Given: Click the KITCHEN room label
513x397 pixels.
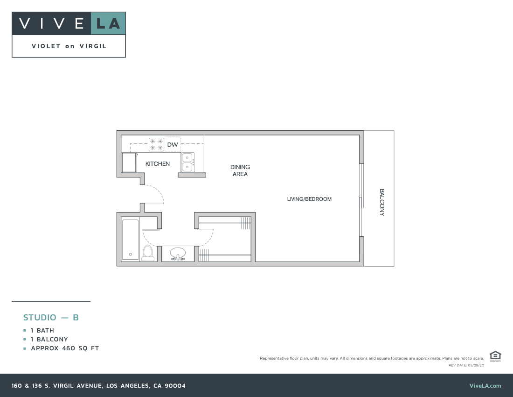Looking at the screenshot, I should click(158, 164).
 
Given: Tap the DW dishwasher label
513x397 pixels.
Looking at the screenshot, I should click(173, 145).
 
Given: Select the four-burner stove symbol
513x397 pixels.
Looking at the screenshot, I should click(156, 144).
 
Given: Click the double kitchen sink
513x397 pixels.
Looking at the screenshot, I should click(187, 162).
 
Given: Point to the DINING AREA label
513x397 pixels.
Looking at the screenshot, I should click(240, 170).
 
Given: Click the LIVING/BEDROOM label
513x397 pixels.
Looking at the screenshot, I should click(309, 199).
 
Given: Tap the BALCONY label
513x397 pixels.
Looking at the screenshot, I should click(381, 202).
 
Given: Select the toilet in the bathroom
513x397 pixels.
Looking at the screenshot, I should click(148, 253).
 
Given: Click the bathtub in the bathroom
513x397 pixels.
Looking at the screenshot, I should click(131, 239).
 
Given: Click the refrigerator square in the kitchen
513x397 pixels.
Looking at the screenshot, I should click(129, 163).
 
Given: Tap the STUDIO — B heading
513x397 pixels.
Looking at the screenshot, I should click(51, 318).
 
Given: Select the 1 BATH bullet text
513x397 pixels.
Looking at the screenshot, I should click(42, 331).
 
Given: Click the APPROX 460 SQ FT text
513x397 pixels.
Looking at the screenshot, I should click(65, 348).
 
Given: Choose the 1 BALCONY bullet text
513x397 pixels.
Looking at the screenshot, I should click(49, 340).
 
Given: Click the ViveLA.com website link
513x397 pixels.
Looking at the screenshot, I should click(485, 386).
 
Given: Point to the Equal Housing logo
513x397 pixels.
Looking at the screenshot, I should click(495, 356).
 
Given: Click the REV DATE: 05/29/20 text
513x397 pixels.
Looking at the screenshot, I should click(465, 365).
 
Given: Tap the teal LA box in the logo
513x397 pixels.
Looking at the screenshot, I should click(108, 23).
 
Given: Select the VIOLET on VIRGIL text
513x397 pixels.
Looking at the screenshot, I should click(69, 46).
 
